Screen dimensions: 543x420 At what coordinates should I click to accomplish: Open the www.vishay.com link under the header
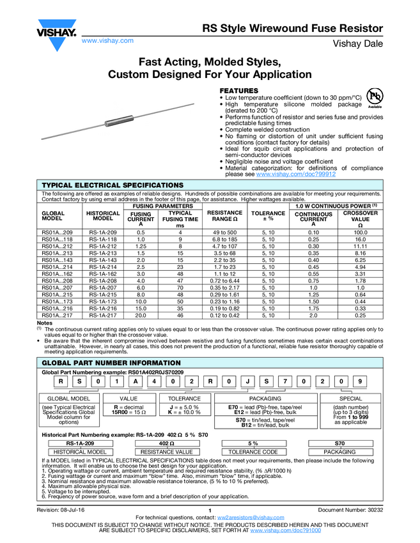click(x=107, y=40)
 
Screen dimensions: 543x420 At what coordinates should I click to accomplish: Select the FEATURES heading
click(x=239, y=91)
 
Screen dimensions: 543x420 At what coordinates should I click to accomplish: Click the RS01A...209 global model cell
click(x=58, y=232)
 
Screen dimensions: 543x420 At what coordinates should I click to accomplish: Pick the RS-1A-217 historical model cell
click(x=103, y=316)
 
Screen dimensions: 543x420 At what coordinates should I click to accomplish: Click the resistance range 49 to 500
click(x=225, y=232)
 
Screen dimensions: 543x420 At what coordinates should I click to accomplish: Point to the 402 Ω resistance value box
click(x=167, y=443)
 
